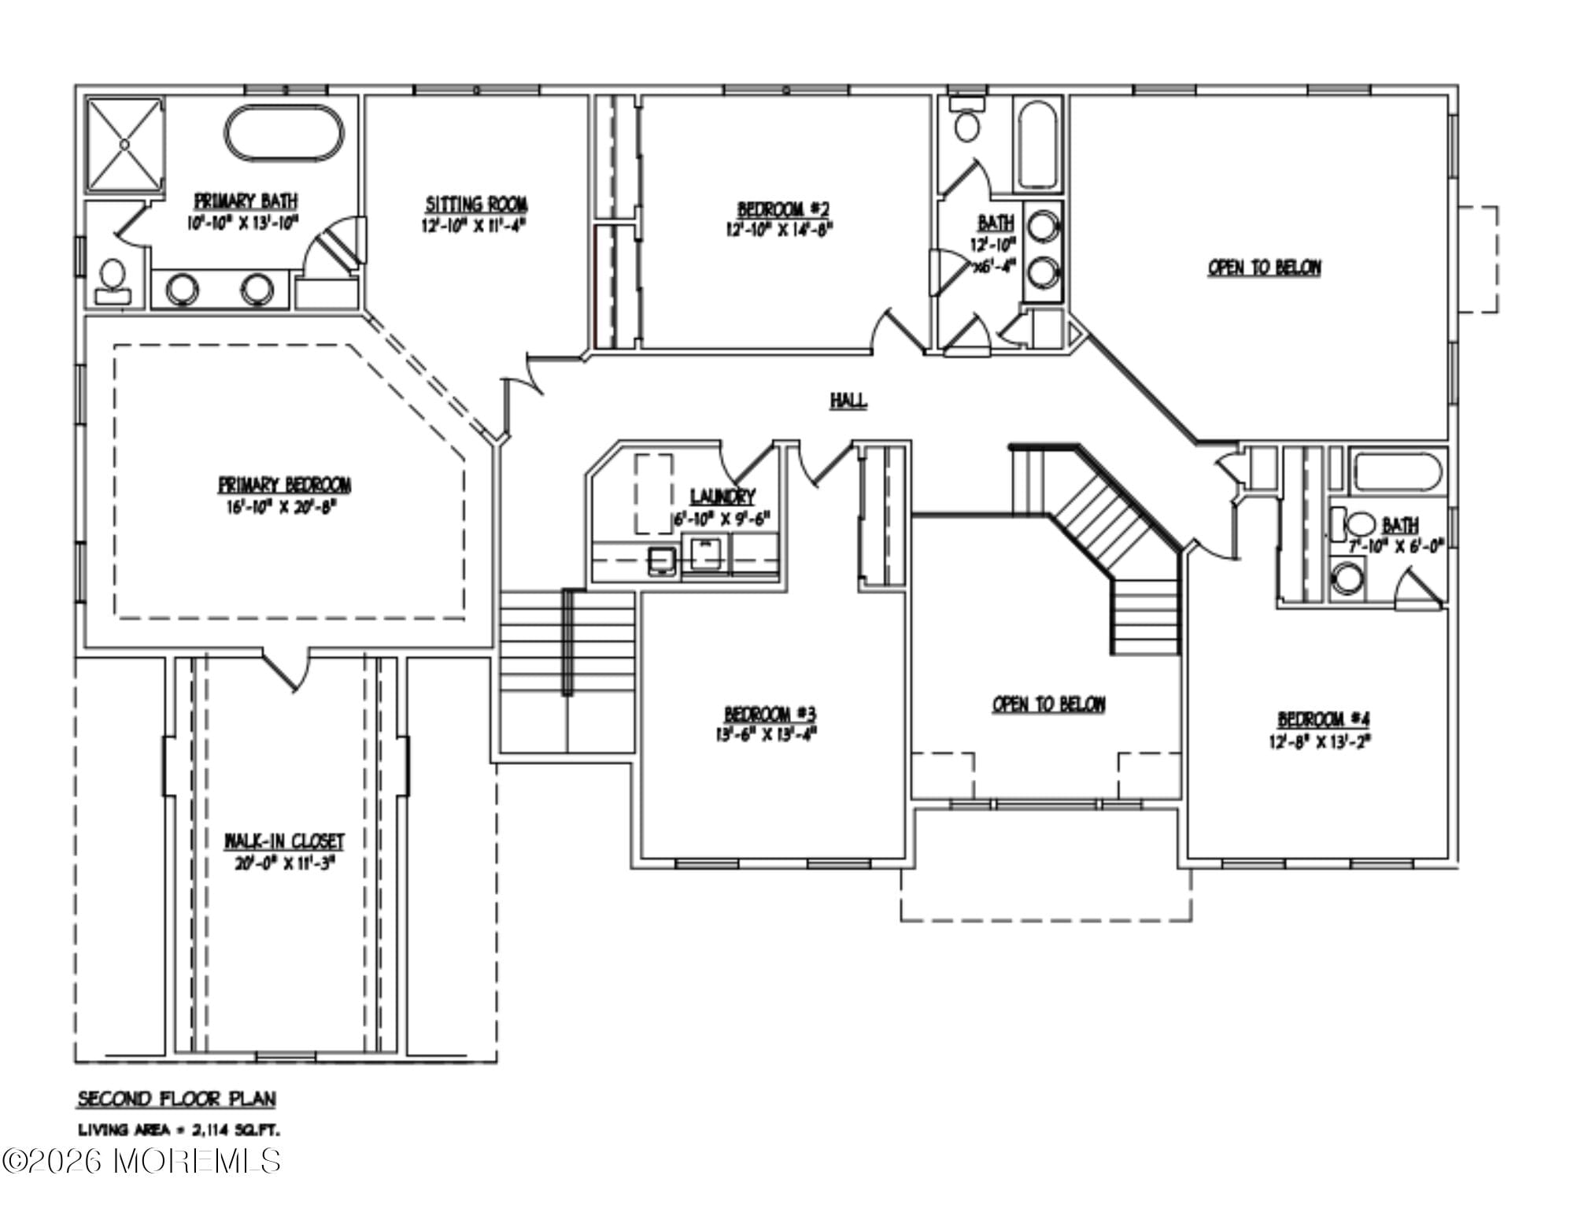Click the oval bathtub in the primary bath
point(285,134)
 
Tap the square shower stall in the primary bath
point(124,145)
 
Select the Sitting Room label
point(476,205)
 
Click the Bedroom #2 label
point(782,209)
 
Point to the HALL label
point(848,401)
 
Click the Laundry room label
point(722,497)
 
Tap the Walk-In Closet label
point(284,841)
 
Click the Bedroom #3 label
point(770,714)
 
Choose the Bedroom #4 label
point(1323,719)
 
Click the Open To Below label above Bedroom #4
point(1264,268)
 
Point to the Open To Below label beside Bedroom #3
point(1048,704)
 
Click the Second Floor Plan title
point(176,1098)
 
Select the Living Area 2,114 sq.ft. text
point(178,1130)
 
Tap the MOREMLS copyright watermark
point(142,1161)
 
